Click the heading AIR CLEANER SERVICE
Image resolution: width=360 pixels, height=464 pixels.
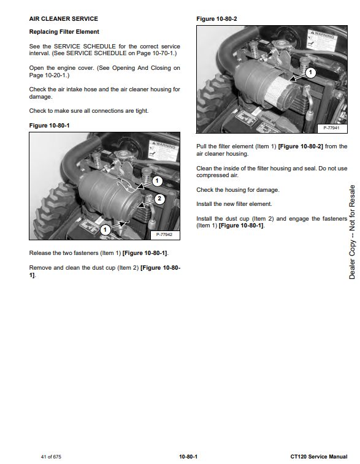point(63,18)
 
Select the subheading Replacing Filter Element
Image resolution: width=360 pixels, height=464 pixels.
point(64,32)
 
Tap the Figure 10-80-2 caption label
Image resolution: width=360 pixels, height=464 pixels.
point(216,18)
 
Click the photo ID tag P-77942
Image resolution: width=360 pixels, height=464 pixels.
point(164,234)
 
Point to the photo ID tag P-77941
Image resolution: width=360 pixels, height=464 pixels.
point(331,128)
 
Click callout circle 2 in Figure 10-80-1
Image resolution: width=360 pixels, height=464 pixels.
point(159,199)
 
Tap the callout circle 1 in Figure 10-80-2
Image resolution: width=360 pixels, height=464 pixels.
point(310,72)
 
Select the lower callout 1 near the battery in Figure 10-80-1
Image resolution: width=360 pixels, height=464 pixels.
point(105,229)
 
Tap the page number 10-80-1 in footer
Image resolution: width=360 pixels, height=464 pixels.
point(188,457)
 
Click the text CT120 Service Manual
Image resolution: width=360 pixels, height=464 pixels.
point(319,457)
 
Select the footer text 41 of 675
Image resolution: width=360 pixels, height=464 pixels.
point(51,457)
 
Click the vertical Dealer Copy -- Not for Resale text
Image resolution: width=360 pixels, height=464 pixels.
point(351,232)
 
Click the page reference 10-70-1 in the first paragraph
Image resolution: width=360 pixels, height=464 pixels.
point(163,53)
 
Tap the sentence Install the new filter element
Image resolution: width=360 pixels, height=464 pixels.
point(234,204)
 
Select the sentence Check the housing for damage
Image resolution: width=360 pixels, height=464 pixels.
point(238,189)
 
